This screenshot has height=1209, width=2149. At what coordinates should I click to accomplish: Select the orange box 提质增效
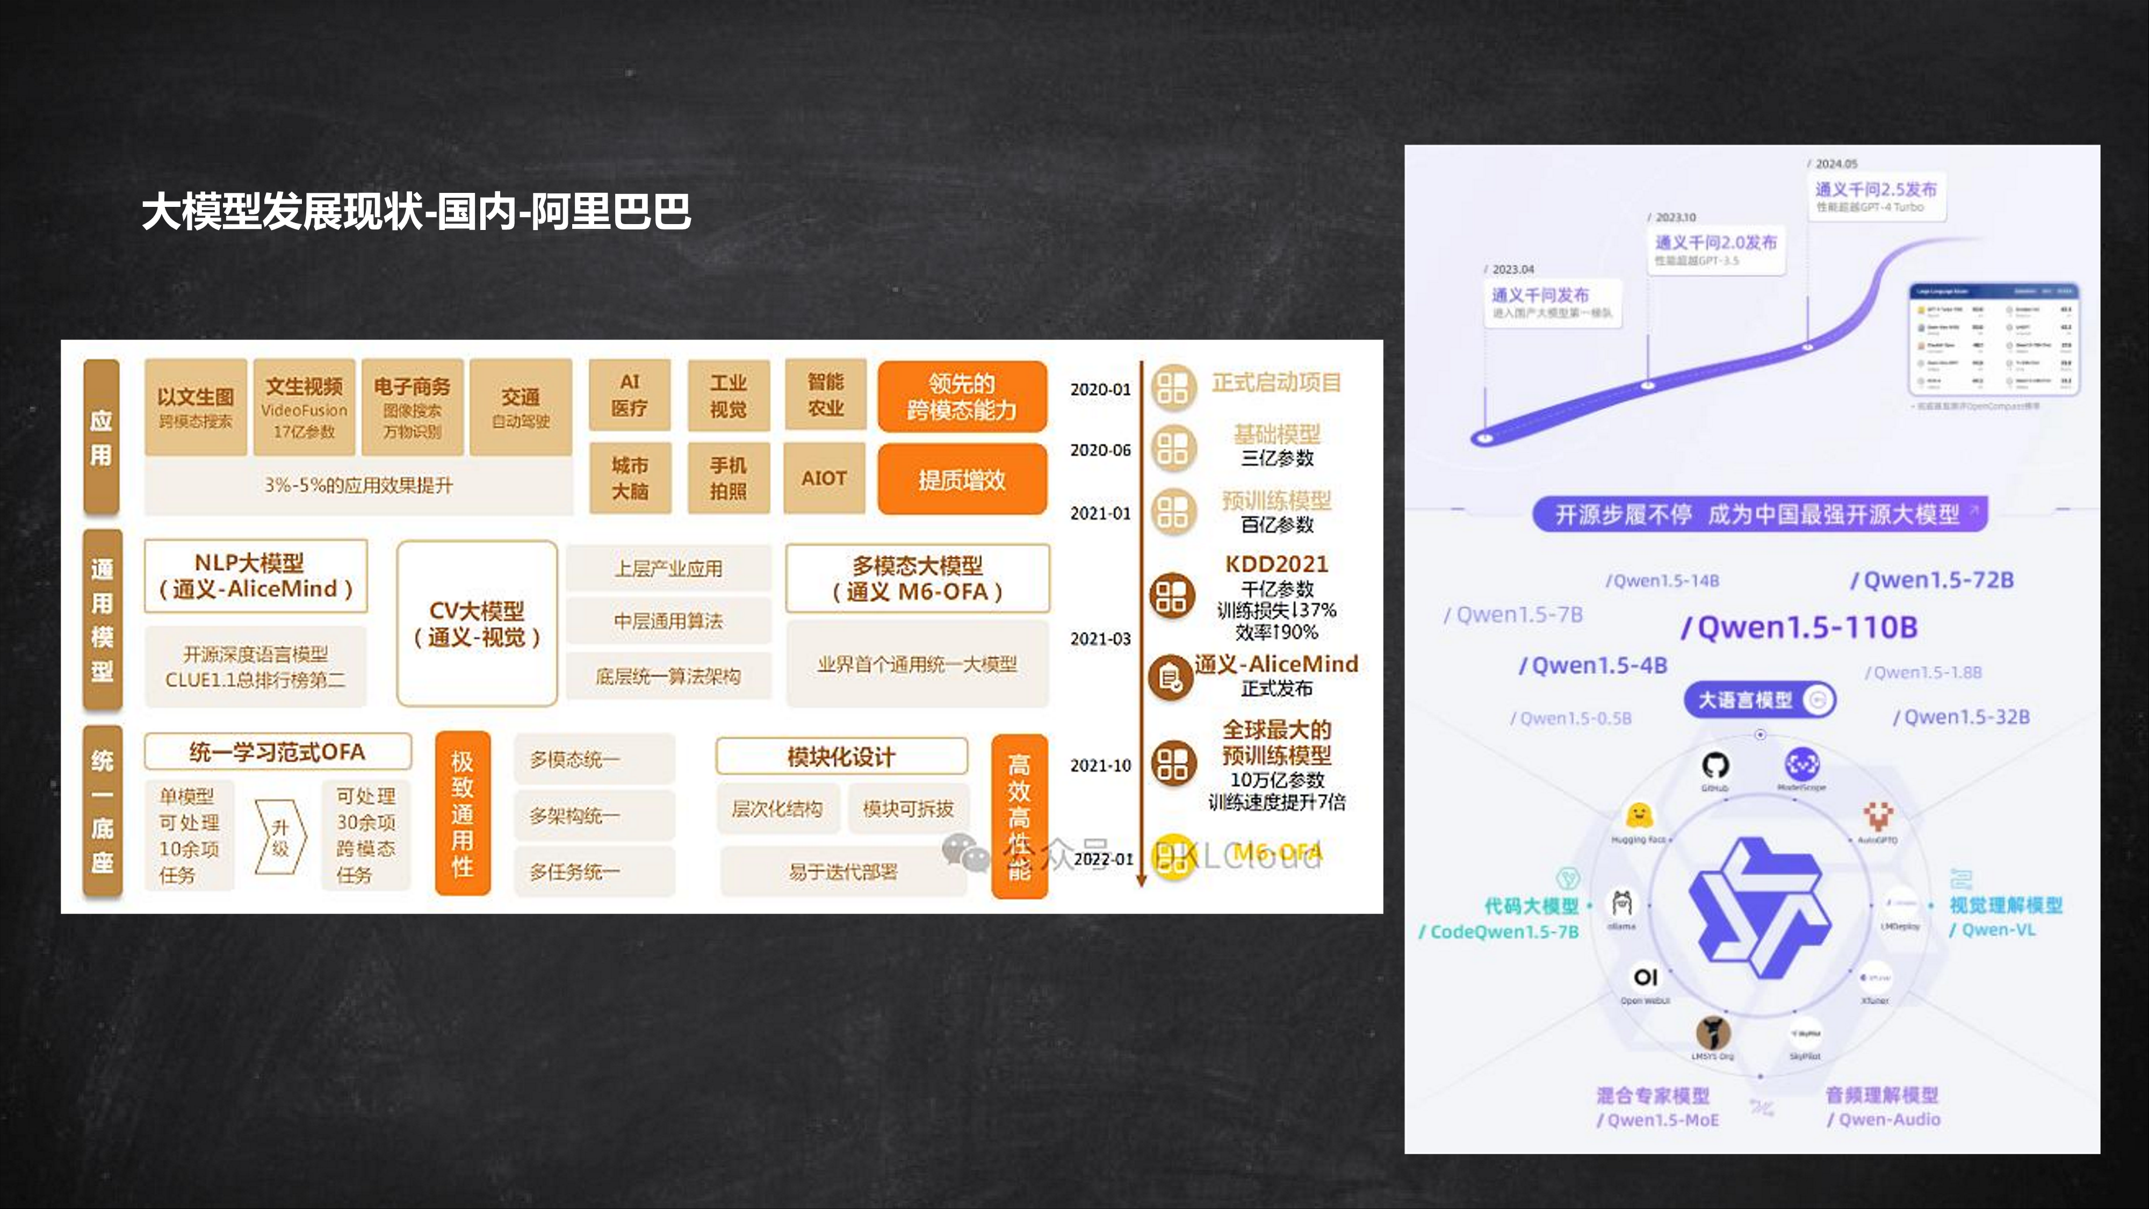coord(962,480)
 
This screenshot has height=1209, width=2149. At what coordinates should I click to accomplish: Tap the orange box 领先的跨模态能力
coord(962,397)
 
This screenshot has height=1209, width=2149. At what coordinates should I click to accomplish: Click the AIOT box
coord(824,479)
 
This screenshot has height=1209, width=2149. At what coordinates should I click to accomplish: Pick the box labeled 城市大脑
coord(630,478)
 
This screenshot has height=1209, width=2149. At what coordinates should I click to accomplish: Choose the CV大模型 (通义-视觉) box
coord(477,623)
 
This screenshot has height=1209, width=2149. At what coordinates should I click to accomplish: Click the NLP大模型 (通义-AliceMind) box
coord(255,575)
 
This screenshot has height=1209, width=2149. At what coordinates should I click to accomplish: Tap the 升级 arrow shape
coord(280,837)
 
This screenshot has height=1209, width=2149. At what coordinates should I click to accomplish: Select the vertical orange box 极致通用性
coord(462,814)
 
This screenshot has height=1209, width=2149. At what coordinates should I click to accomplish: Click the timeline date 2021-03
coord(1100,639)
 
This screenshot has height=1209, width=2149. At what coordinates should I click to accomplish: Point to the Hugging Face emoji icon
coord(1639,815)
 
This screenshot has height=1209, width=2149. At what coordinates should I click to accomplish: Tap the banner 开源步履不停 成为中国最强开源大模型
coord(1759,514)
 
